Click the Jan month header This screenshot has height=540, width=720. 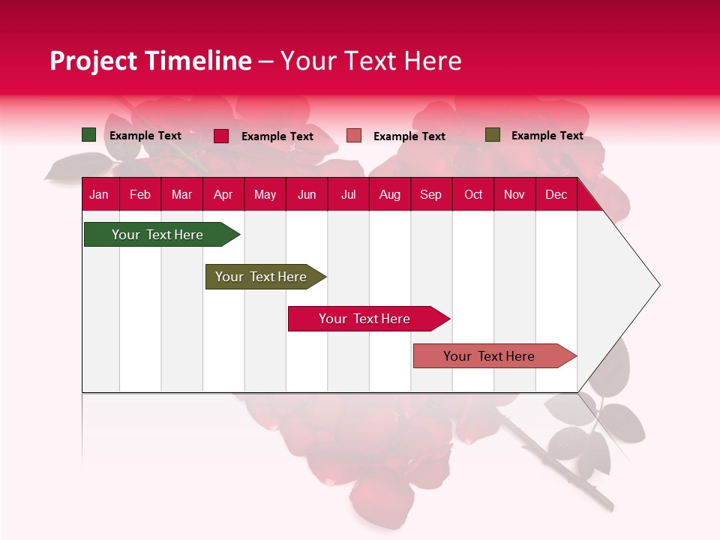[x=99, y=194]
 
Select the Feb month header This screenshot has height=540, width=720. [x=140, y=194]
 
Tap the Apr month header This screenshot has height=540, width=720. [x=223, y=194]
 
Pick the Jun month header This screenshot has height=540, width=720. [x=307, y=194]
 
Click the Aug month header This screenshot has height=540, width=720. [x=389, y=194]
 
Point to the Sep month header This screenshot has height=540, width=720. [x=430, y=194]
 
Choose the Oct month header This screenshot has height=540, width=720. [x=473, y=194]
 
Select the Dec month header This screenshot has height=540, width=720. [x=556, y=194]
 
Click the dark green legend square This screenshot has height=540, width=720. [x=89, y=135]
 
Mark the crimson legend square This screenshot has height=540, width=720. [x=221, y=136]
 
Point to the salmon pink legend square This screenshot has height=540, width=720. [x=354, y=136]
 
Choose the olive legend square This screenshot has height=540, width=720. [x=493, y=135]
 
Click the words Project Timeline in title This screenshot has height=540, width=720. [x=151, y=61]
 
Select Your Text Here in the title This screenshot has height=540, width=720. [x=370, y=61]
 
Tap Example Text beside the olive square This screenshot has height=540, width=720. [x=547, y=136]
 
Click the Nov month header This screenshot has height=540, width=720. [x=514, y=194]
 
